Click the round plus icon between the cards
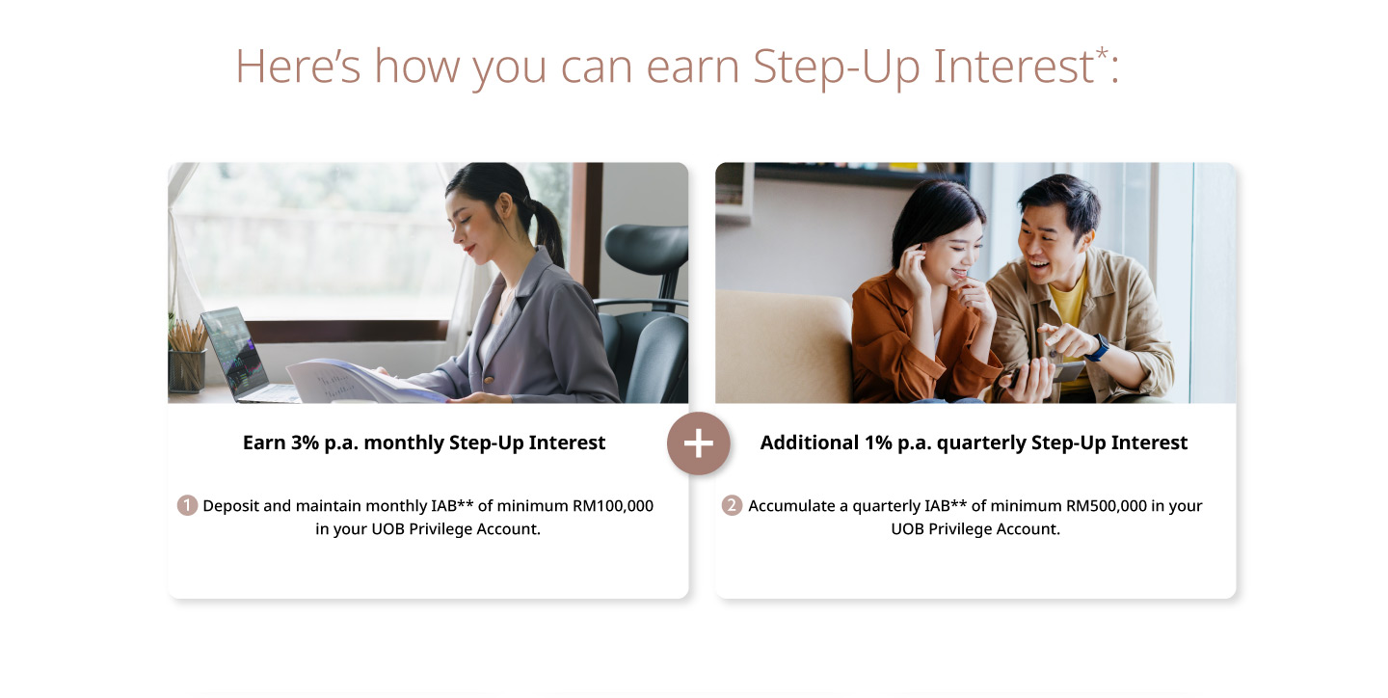(x=698, y=443)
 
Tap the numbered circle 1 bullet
(x=187, y=505)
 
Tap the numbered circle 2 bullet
(x=732, y=505)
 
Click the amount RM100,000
(x=613, y=506)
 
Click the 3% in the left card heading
(x=305, y=443)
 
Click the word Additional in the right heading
(x=810, y=443)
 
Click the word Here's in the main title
(x=298, y=66)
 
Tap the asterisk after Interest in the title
(x=1102, y=53)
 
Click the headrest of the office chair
(x=646, y=248)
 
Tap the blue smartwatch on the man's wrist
(x=1097, y=348)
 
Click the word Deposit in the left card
(x=230, y=506)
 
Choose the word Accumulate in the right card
(x=791, y=506)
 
